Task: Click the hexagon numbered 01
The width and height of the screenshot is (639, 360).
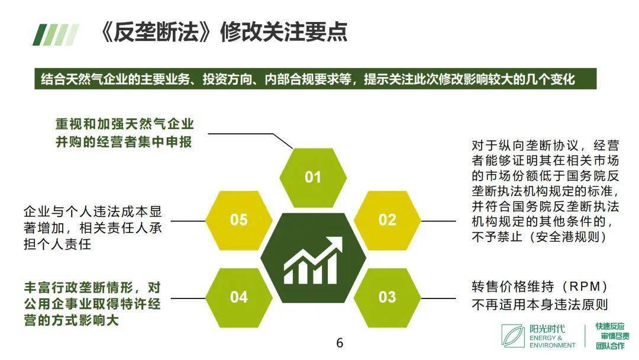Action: [312, 177]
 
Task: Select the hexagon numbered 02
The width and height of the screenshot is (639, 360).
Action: [387, 220]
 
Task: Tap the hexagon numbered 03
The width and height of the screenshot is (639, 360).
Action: [387, 297]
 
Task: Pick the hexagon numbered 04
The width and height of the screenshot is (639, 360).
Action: [239, 297]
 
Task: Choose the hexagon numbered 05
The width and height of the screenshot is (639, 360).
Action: [239, 220]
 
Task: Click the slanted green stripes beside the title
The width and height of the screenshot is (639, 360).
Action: [56, 34]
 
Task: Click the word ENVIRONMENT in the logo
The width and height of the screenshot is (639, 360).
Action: [552, 345]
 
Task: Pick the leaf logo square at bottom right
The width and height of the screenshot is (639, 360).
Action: [513, 336]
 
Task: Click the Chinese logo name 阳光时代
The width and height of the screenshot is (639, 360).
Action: [547, 329]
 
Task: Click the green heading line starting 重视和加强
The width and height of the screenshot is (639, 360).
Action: [124, 124]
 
